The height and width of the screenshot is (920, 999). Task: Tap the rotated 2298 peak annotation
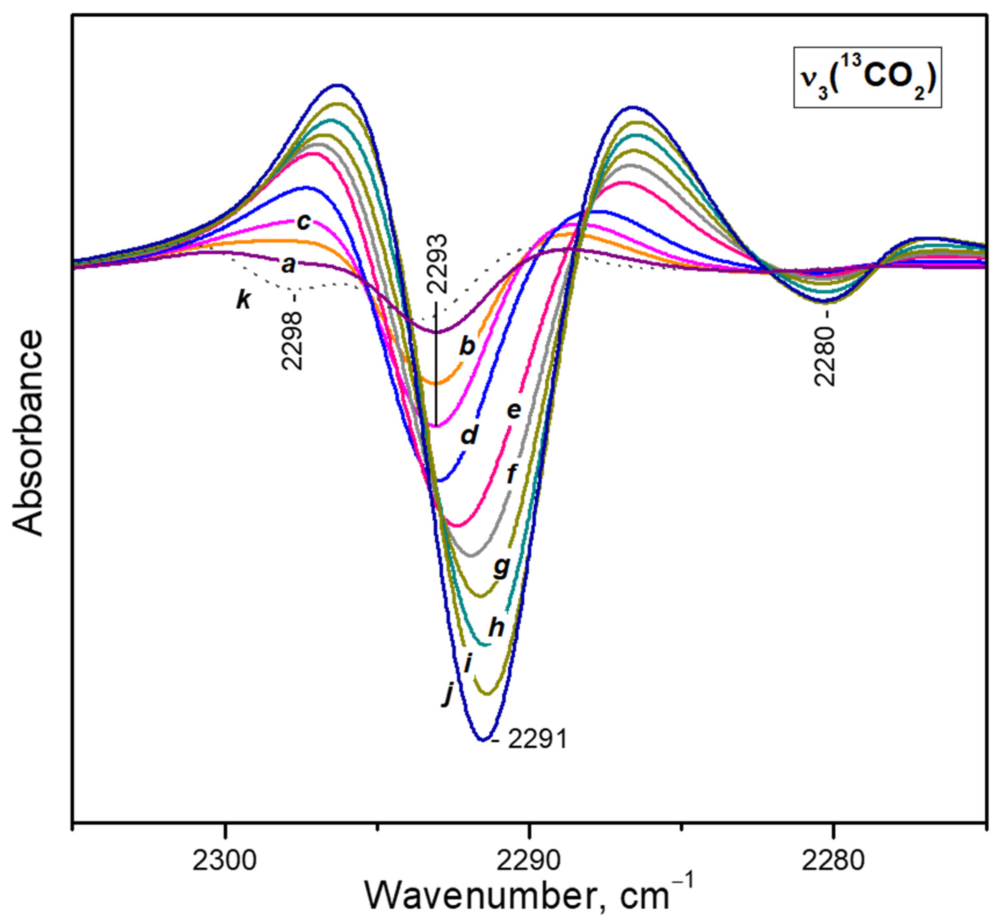click(292, 341)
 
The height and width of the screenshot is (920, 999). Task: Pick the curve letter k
click(244, 300)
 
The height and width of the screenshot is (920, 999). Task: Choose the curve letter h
click(496, 628)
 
